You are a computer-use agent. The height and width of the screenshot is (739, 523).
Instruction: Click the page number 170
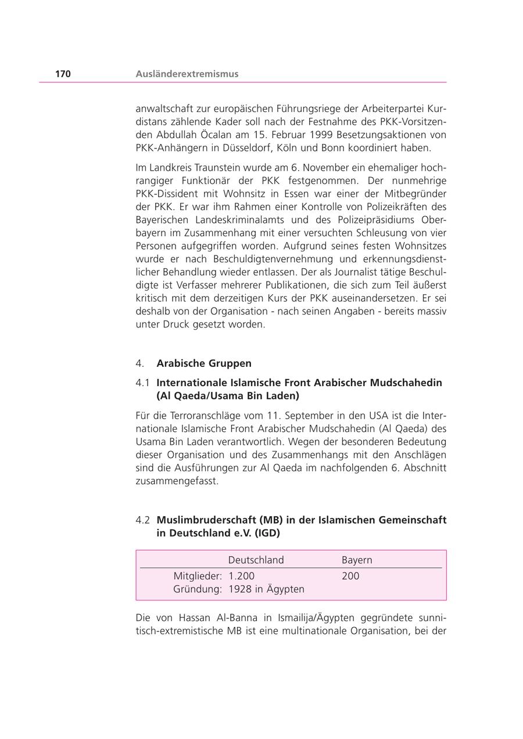[63, 74]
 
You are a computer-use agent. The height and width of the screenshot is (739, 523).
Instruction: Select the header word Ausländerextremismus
[187, 74]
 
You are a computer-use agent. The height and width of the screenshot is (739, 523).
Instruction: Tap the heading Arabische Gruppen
[204, 363]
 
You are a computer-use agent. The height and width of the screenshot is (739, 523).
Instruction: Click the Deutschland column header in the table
[256, 560]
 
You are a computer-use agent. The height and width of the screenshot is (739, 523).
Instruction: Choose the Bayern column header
[357, 560]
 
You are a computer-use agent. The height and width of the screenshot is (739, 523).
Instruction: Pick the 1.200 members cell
[241, 576]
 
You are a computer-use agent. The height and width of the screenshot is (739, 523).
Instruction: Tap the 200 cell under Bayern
[350, 576]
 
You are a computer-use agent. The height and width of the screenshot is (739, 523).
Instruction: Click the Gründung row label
[197, 589]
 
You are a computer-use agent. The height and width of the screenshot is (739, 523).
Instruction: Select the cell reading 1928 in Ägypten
[266, 589]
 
